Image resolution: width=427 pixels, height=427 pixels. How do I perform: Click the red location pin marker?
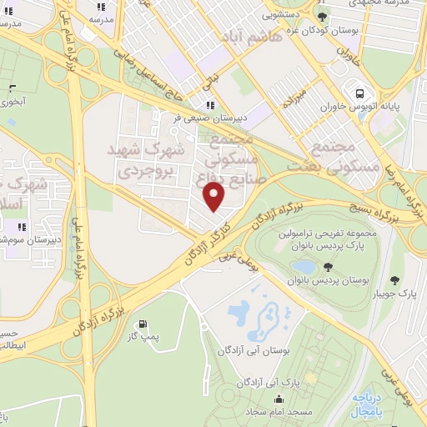click(x=214, y=197)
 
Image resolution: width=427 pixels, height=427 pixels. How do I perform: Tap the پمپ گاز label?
click(x=142, y=338)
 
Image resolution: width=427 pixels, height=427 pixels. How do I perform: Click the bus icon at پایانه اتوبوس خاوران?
click(x=359, y=93)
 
